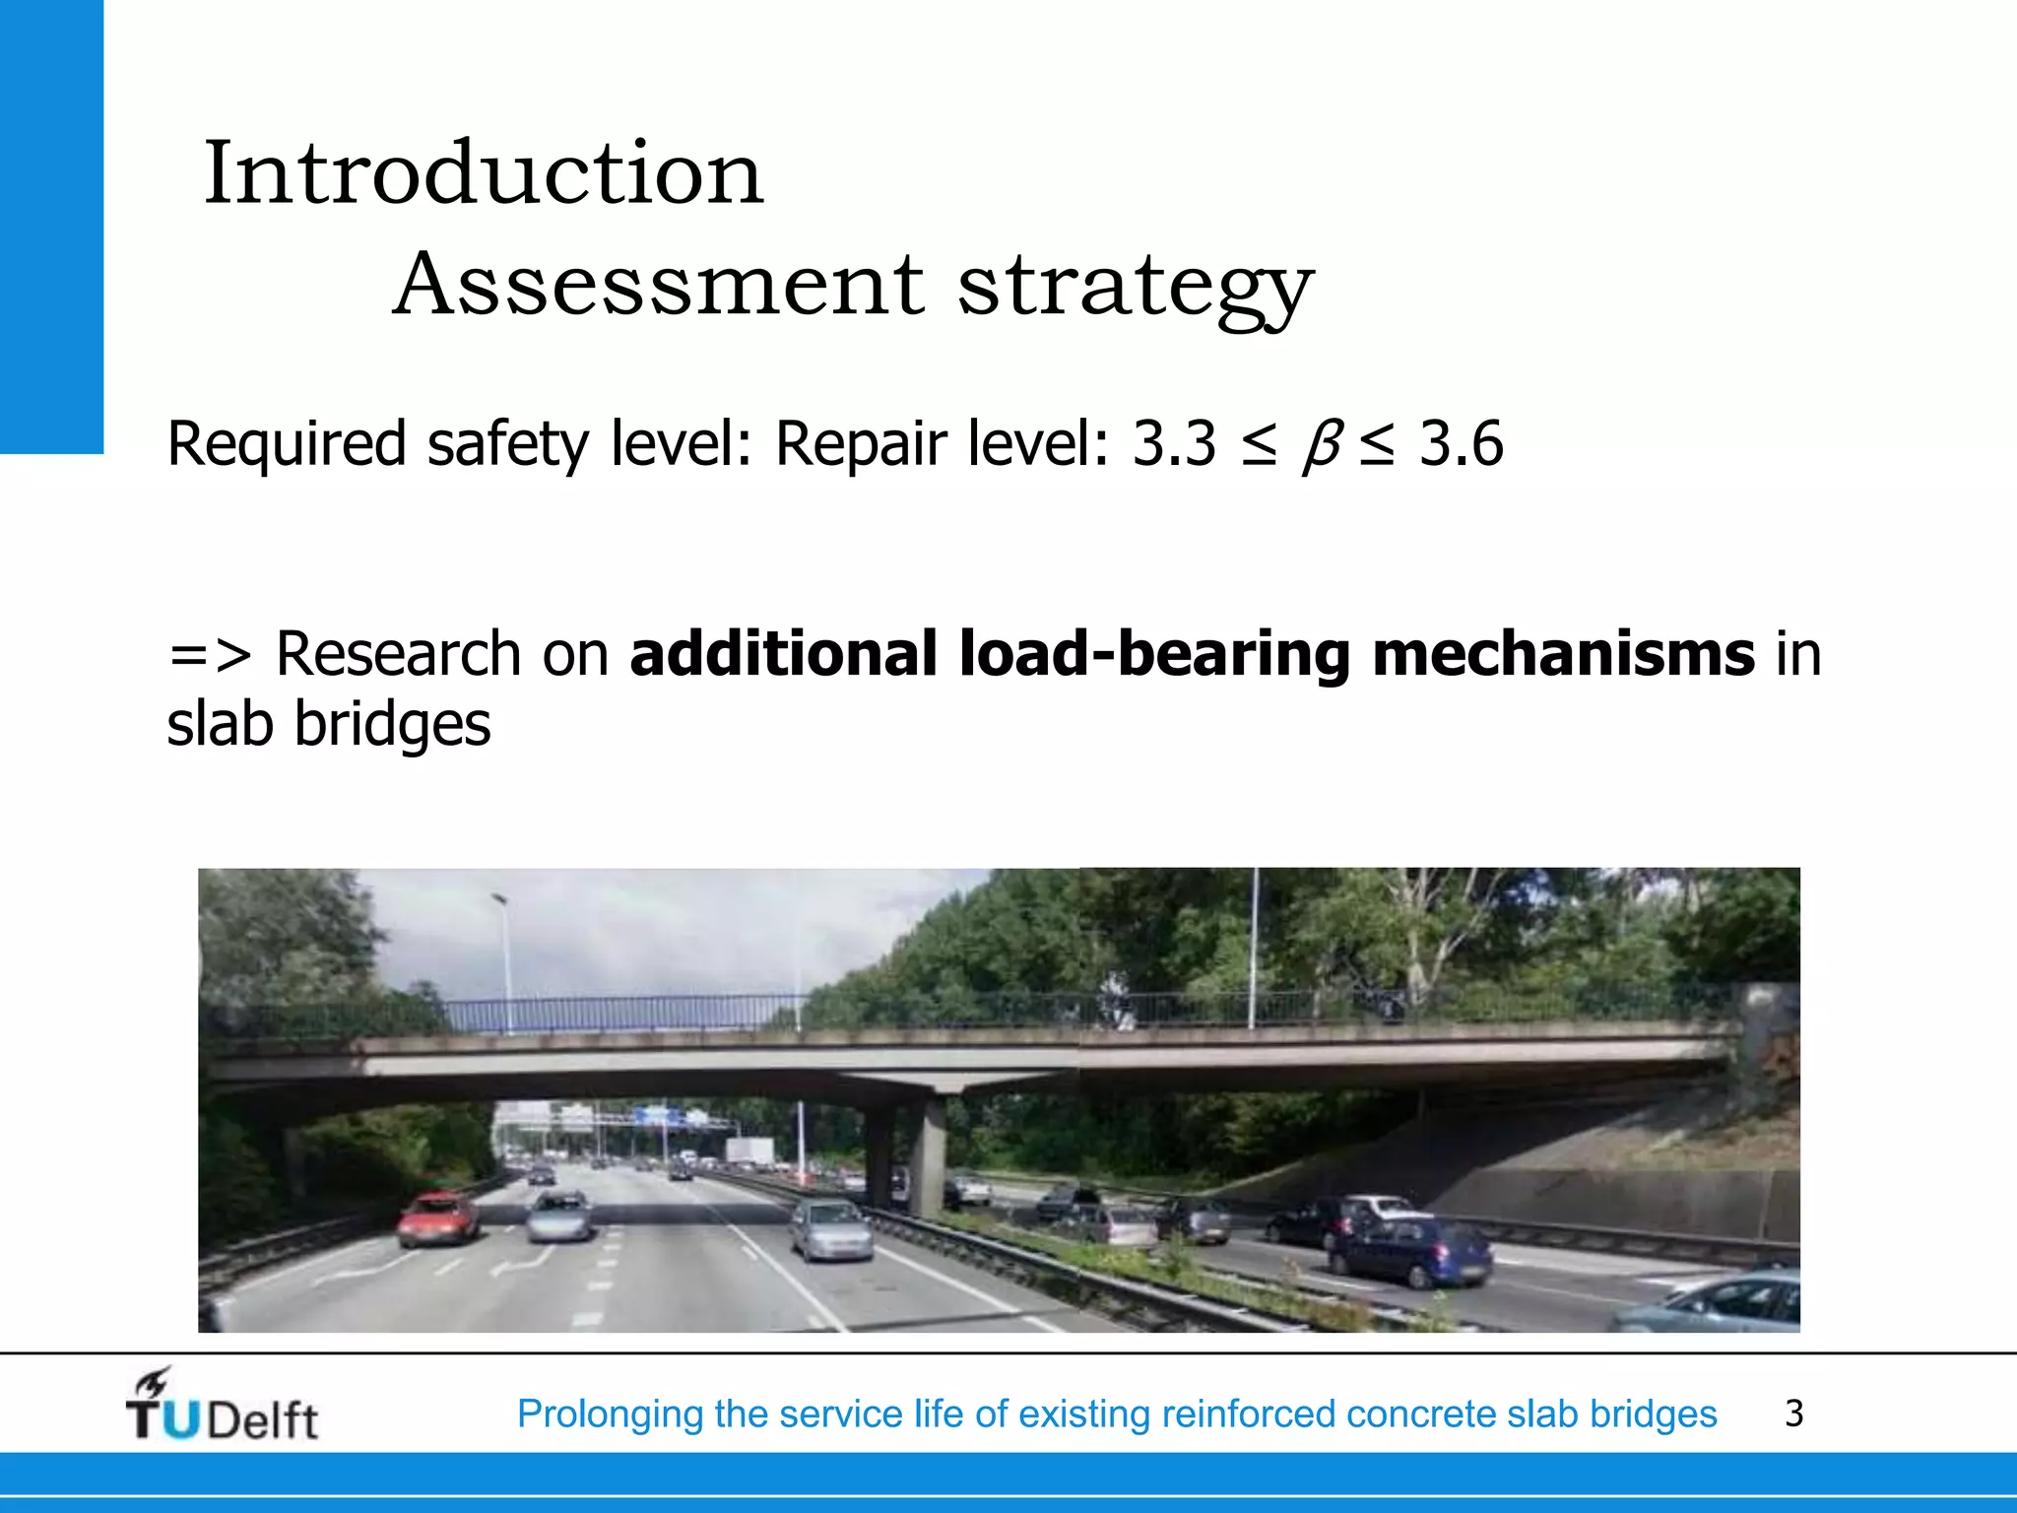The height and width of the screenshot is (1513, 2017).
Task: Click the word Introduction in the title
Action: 483,173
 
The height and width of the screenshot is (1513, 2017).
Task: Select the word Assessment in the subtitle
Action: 659,285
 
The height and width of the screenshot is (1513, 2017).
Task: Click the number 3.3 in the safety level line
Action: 1174,443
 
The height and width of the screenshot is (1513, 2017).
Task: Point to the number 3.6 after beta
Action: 1461,443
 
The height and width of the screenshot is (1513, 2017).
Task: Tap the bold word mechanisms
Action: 1563,654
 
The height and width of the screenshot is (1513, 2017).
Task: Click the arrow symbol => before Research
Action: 210,654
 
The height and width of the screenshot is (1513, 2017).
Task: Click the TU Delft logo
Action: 221,1407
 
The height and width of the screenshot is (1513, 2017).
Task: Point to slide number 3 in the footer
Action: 1793,1414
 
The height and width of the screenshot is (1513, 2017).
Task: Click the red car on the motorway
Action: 439,1217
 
